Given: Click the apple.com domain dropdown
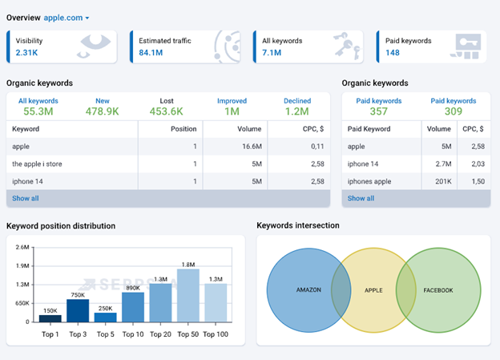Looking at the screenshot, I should pyautogui.click(x=66, y=17).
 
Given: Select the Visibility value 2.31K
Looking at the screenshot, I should pyautogui.click(x=26, y=52).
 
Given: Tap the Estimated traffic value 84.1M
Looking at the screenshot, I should pyautogui.click(x=152, y=52).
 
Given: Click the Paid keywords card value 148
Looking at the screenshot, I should pyautogui.click(x=393, y=53).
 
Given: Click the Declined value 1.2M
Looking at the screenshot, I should pyautogui.click(x=297, y=111).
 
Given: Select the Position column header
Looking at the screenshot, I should pyautogui.click(x=183, y=128).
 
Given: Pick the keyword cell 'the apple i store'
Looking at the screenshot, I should pyautogui.click(x=37, y=164).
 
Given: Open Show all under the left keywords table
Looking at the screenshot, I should pyautogui.click(x=25, y=198).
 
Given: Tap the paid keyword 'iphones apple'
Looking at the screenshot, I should pyautogui.click(x=370, y=181).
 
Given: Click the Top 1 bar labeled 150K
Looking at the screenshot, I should pyautogui.click(x=50, y=318).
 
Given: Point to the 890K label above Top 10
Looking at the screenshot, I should pyautogui.click(x=133, y=287).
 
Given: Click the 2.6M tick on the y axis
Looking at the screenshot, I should pyautogui.click(x=22, y=247).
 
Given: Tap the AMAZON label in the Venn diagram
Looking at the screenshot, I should pyautogui.click(x=308, y=289).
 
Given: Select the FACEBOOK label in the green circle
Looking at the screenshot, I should pyautogui.click(x=438, y=289).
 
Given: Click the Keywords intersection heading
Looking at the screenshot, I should pyautogui.click(x=298, y=226).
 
